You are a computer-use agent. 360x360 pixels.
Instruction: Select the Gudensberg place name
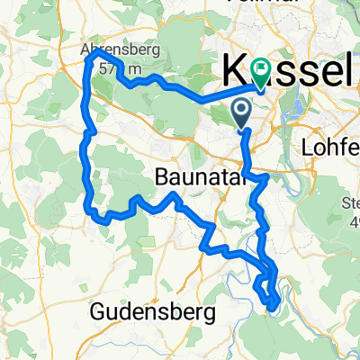coord(154,313)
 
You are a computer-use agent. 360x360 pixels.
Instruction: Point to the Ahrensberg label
coord(125,50)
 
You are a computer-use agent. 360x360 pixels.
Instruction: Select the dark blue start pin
coord(242,113)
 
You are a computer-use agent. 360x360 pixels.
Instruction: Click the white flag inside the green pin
coord(262,67)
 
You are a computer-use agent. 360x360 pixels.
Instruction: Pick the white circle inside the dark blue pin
coord(242,110)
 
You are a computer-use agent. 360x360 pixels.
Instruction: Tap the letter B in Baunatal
coord(163,177)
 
